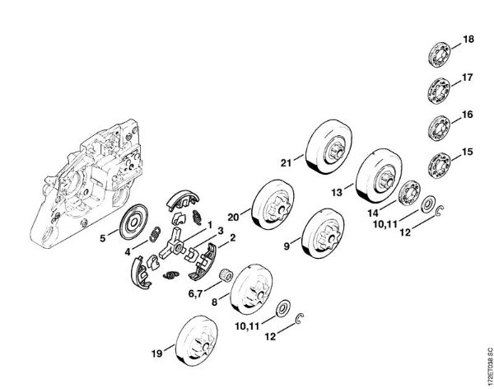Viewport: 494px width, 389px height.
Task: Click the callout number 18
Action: click(468, 40)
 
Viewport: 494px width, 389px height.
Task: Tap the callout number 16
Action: click(468, 116)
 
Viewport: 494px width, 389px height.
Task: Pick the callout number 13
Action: click(337, 192)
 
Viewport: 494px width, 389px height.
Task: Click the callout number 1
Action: click(210, 224)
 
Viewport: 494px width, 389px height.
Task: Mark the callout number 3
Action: click(220, 231)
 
